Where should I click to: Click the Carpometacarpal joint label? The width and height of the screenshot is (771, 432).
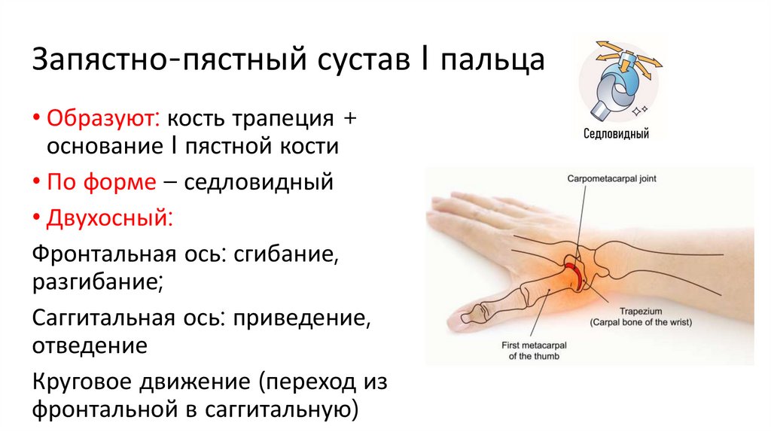[x=608, y=178]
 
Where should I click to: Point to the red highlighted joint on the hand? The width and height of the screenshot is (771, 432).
[x=574, y=275]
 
